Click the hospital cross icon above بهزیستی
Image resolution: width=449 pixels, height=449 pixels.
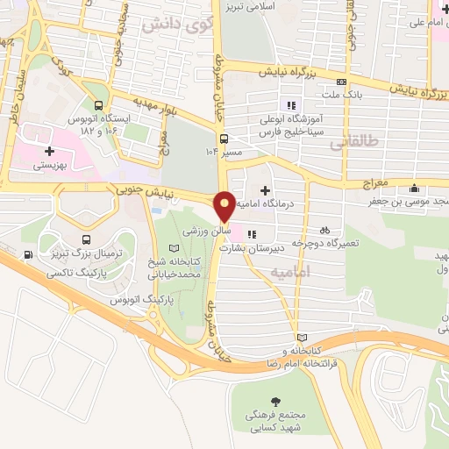coord(49,151)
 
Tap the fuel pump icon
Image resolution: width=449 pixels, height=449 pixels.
coord(30,255)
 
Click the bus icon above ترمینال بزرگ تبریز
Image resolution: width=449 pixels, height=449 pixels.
coord(85,238)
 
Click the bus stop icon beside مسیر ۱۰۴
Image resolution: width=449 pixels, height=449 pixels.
coord(224,139)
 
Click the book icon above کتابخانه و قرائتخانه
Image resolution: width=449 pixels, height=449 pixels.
coord(303,337)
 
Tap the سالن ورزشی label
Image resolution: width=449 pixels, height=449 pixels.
coord(207,231)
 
